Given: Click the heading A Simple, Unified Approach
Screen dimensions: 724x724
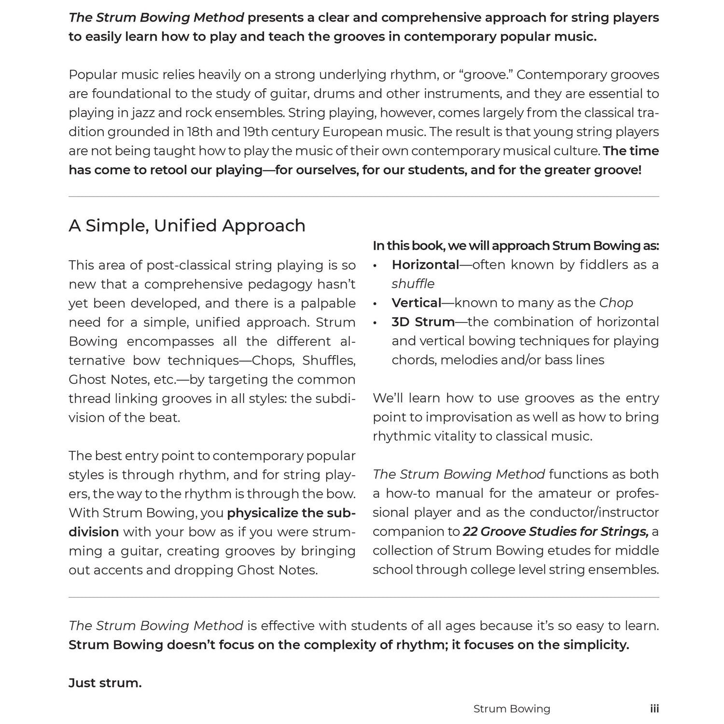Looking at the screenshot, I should click(x=187, y=226).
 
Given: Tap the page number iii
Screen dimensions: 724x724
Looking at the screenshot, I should click(x=654, y=709).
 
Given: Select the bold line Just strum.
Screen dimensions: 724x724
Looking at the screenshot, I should click(x=105, y=683).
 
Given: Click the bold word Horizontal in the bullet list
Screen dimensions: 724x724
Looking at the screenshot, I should click(x=425, y=265).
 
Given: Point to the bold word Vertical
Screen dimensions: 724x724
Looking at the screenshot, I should click(x=417, y=303).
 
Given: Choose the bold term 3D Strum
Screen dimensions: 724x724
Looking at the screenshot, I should click(x=423, y=321).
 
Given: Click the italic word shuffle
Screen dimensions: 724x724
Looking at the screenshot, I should click(x=413, y=283).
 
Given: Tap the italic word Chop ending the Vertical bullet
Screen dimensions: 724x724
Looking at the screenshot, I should click(x=616, y=303).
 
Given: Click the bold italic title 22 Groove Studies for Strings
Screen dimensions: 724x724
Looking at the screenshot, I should click(x=556, y=531).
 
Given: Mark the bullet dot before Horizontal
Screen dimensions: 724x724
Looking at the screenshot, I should click(x=375, y=265).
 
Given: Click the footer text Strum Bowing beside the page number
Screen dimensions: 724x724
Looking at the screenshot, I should click(x=512, y=709).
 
